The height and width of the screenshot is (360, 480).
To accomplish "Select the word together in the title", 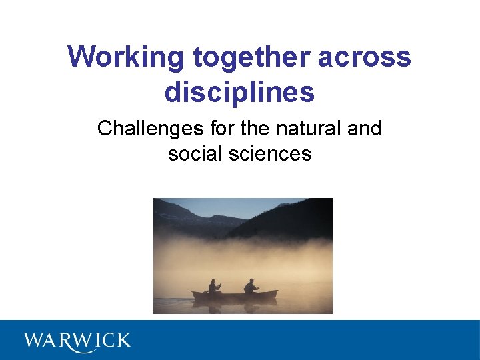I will (252, 57).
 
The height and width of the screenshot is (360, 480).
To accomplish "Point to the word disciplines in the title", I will (239, 92).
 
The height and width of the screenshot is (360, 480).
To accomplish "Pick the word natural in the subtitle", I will (311, 128).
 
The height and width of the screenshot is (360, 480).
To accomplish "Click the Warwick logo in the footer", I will (77, 341).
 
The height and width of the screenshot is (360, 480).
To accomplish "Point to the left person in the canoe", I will (214, 287).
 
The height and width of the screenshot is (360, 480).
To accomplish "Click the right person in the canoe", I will (251, 287).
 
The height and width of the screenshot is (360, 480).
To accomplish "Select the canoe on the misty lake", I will (234, 294).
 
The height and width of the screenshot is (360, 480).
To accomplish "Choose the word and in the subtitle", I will (364, 128).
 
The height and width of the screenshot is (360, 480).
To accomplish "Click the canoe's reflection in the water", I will (234, 305).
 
